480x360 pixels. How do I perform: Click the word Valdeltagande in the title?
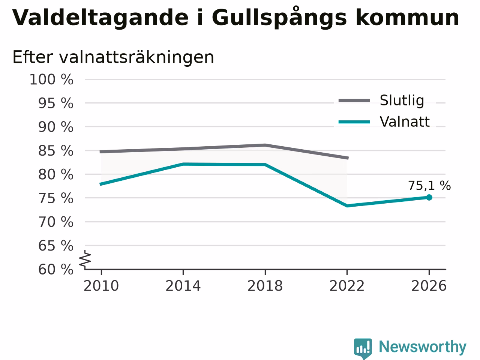click(x=100, y=18)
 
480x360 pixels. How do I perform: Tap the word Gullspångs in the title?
click(x=279, y=18)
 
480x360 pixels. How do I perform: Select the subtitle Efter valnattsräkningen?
click(x=113, y=57)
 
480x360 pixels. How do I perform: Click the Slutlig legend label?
click(x=402, y=100)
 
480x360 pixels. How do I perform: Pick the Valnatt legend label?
click(x=405, y=121)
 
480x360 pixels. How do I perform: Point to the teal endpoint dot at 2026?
click(x=429, y=197)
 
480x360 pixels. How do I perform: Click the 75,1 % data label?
click(x=429, y=186)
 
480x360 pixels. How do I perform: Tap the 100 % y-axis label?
click(x=51, y=79)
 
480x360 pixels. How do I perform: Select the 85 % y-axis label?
click(x=56, y=151)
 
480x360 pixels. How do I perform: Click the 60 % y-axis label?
click(x=56, y=269)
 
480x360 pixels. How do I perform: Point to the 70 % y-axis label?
click(x=56, y=222)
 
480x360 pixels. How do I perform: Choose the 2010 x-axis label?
click(x=101, y=286)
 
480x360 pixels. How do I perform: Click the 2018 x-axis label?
click(x=265, y=286)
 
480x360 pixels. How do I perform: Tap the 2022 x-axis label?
click(x=347, y=286)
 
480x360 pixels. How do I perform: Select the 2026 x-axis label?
click(x=429, y=286)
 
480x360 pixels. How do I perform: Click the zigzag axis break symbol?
click(x=85, y=259)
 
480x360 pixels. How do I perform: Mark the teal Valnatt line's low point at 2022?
click(x=347, y=205)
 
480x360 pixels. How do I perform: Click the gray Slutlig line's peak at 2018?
click(x=265, y=145)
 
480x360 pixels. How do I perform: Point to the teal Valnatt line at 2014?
click(x=183, y=164)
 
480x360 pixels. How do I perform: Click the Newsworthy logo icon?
click(x=363, y=348)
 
